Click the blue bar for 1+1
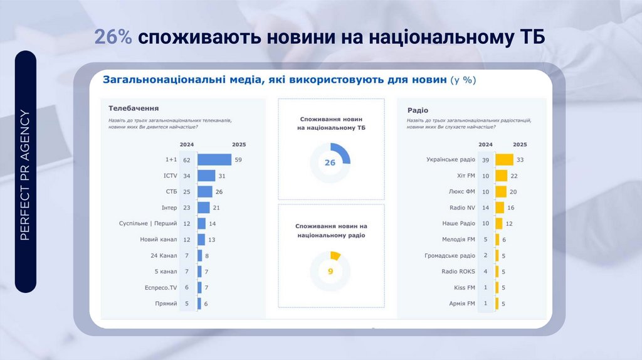(214, 160)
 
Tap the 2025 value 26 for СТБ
(219, 192)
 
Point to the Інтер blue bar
(204, 208)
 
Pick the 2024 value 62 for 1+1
(187, 160)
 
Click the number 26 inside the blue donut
(330, 162)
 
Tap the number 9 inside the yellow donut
(330, 272)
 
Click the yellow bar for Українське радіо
(505, 160)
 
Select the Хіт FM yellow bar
(501, 176)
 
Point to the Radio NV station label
(462, 208)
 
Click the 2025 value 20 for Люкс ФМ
(513, 192)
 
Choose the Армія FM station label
(462, 304)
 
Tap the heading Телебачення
(134, 108)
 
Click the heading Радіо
(418, 108)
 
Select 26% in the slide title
(113, 38)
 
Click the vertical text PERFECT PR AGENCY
(26, 175)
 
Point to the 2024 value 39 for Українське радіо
(485, 160)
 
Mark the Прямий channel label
(166, 304)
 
